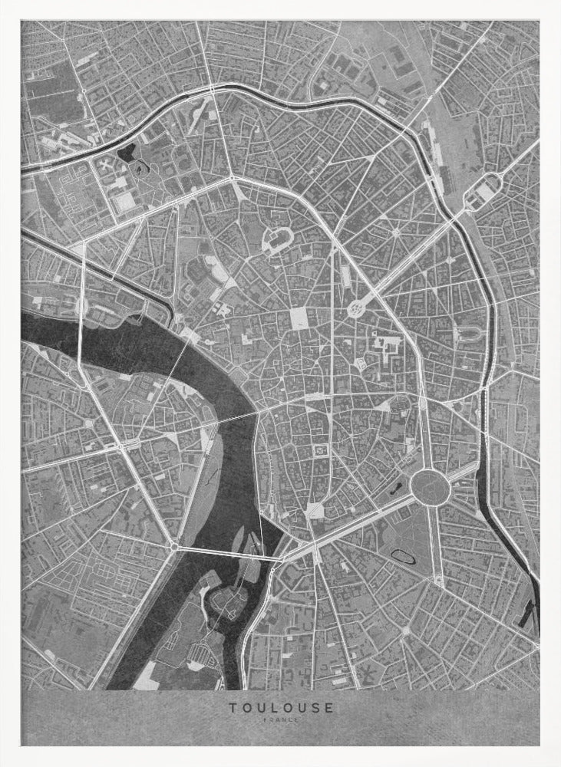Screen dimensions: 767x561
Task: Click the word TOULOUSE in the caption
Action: point(280,707)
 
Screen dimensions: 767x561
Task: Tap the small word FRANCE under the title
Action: point(280,719)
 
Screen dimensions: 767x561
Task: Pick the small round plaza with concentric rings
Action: point(356,309)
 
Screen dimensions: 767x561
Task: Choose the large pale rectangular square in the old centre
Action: point(299,318)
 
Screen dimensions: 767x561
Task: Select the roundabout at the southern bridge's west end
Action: point(176,547)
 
